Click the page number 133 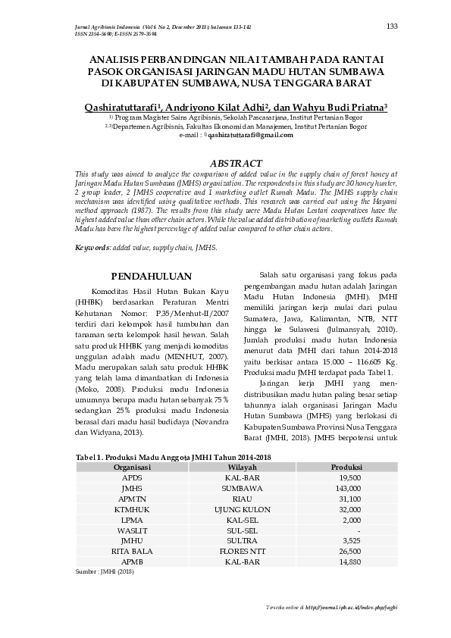[392, 27]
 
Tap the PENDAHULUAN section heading [152, 276]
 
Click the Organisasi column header [132, 468]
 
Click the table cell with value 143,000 [350, 489]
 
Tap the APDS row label [132, 479]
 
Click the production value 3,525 [350, 541]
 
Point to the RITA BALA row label [132, 552]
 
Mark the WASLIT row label [132, 530]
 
